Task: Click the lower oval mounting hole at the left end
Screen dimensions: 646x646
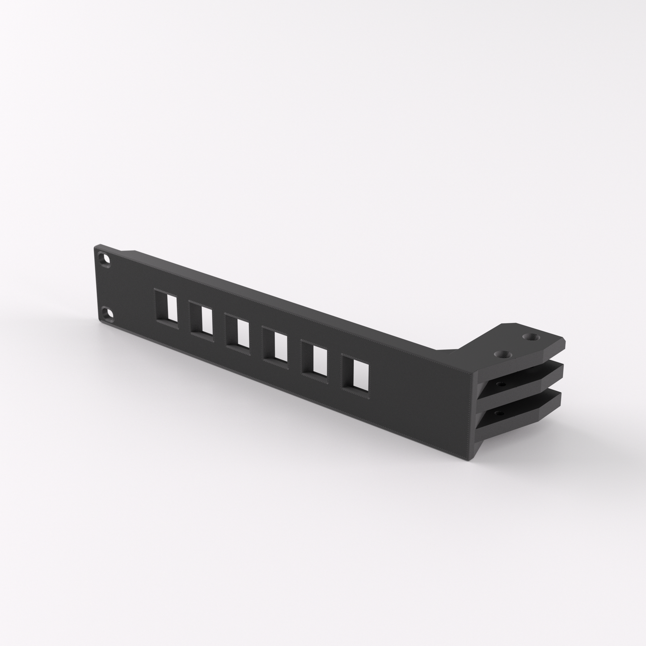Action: tap(107, 312)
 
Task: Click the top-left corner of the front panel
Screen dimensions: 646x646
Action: tap(95, 245)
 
